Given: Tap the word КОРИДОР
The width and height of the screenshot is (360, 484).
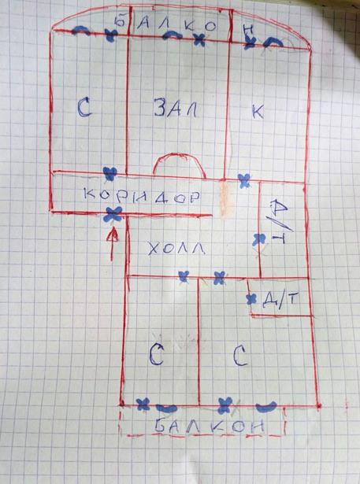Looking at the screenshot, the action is coord(142,197).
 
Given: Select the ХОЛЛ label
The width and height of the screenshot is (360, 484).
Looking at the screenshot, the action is coord(177,248).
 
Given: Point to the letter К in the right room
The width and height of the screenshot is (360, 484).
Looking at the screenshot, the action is coord(258,112).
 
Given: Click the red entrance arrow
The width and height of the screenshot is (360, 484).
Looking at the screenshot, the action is coord(113,243).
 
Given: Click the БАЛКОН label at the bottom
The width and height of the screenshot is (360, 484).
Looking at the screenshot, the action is coord(210,426).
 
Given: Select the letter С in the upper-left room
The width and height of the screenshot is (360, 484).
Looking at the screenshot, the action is coord(84,107).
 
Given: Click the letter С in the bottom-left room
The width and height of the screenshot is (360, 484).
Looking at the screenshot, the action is coord(157,354).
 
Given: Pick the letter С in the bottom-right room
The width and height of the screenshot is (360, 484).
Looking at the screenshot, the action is coord(241,355).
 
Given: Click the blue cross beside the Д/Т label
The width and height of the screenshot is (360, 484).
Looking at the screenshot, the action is coord(251,299).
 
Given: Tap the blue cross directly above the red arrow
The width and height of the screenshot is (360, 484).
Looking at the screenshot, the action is coord(113,214).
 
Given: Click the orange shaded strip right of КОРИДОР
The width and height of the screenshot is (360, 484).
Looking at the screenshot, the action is coord(225,200).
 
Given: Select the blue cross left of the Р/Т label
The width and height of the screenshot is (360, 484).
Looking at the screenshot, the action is coord(259,239).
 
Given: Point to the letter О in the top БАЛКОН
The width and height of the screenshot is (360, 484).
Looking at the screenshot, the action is coord(210,27).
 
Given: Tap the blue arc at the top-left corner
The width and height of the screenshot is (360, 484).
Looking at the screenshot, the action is coord(81,30).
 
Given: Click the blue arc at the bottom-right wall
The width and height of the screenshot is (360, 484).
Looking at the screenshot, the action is coord(266,407).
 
